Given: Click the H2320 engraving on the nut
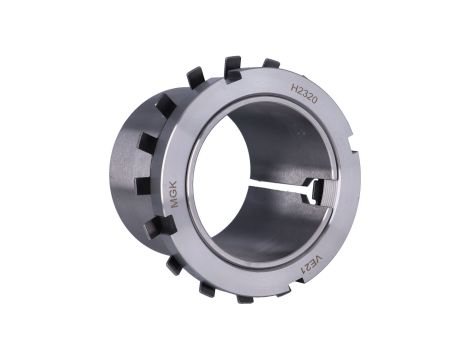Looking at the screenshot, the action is pos(304,93).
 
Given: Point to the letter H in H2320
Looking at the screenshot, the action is pos(295,88).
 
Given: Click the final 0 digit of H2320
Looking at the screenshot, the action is pos(313,100).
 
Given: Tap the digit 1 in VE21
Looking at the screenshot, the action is pos(304,272).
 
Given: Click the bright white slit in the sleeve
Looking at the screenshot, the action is pos(277,188).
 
